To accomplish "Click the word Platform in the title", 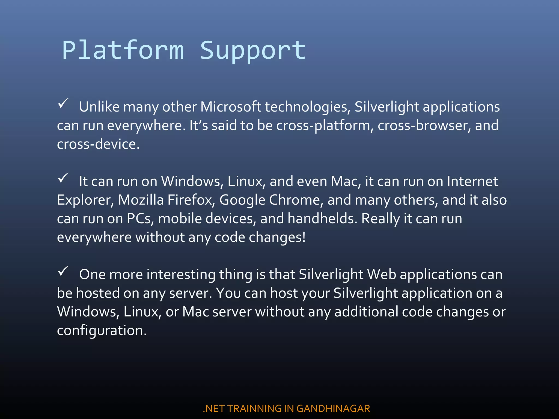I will pyautogui.click(x=123, y=50).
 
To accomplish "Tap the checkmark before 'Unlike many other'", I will pyautogui.click(x=63, y=104).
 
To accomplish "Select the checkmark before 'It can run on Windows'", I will pyautogui.click(x=63, y=178).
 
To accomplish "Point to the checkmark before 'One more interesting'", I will pyautogui.click(x=63, y=271).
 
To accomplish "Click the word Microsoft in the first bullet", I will pyautogui.click(x=231, y=107).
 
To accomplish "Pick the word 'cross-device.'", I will pyautogui.click(x=98, y=144).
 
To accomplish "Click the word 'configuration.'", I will pyautogui.click(x=102, y=331).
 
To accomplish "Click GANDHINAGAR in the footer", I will pyautogui.click(x=333, y=409).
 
